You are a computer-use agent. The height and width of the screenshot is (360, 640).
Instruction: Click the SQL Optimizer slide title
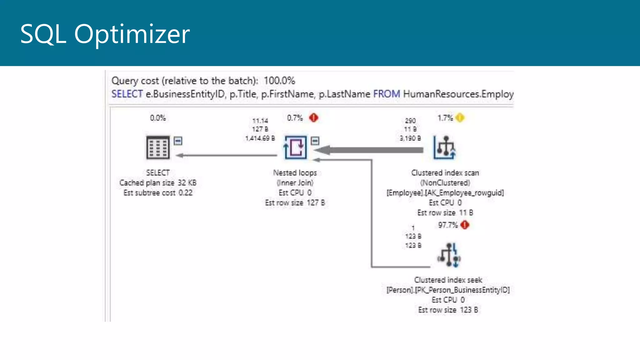tap(105, 34)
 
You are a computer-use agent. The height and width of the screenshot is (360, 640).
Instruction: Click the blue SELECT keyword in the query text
tap(127, 94)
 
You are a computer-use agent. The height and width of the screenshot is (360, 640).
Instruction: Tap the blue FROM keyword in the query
tap(386, 94)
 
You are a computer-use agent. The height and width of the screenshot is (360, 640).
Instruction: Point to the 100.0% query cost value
tap(279, 81)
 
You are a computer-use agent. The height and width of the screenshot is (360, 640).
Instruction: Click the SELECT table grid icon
tap(158, 147)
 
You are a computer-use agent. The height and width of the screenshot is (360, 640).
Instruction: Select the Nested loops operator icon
tap(295, 147)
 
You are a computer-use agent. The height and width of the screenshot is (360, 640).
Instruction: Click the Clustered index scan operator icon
tap(444, 147)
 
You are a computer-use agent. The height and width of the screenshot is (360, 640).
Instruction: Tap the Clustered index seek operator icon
tap(449, 255)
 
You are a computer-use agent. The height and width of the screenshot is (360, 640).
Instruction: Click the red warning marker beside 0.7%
tap(313, 118)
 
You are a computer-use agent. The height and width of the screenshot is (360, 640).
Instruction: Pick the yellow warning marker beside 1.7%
tap(460, 118)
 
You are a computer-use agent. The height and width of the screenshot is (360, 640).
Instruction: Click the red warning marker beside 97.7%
tap(465, 225)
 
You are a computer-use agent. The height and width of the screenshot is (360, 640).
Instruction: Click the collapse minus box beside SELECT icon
tap(178, 141)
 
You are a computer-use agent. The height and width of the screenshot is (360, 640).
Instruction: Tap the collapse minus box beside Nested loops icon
tap(315, 141)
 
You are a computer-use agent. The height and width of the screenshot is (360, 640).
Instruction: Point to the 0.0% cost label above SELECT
tap(158, 118)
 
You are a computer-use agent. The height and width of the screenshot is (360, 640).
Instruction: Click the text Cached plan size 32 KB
tap(158, 183)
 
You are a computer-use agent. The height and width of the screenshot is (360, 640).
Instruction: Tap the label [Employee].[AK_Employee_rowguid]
tap(445, 193)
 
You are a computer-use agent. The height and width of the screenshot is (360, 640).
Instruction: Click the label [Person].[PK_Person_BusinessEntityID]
tap(448, 290)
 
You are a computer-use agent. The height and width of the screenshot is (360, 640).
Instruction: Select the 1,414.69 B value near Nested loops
tap(260, 138)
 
